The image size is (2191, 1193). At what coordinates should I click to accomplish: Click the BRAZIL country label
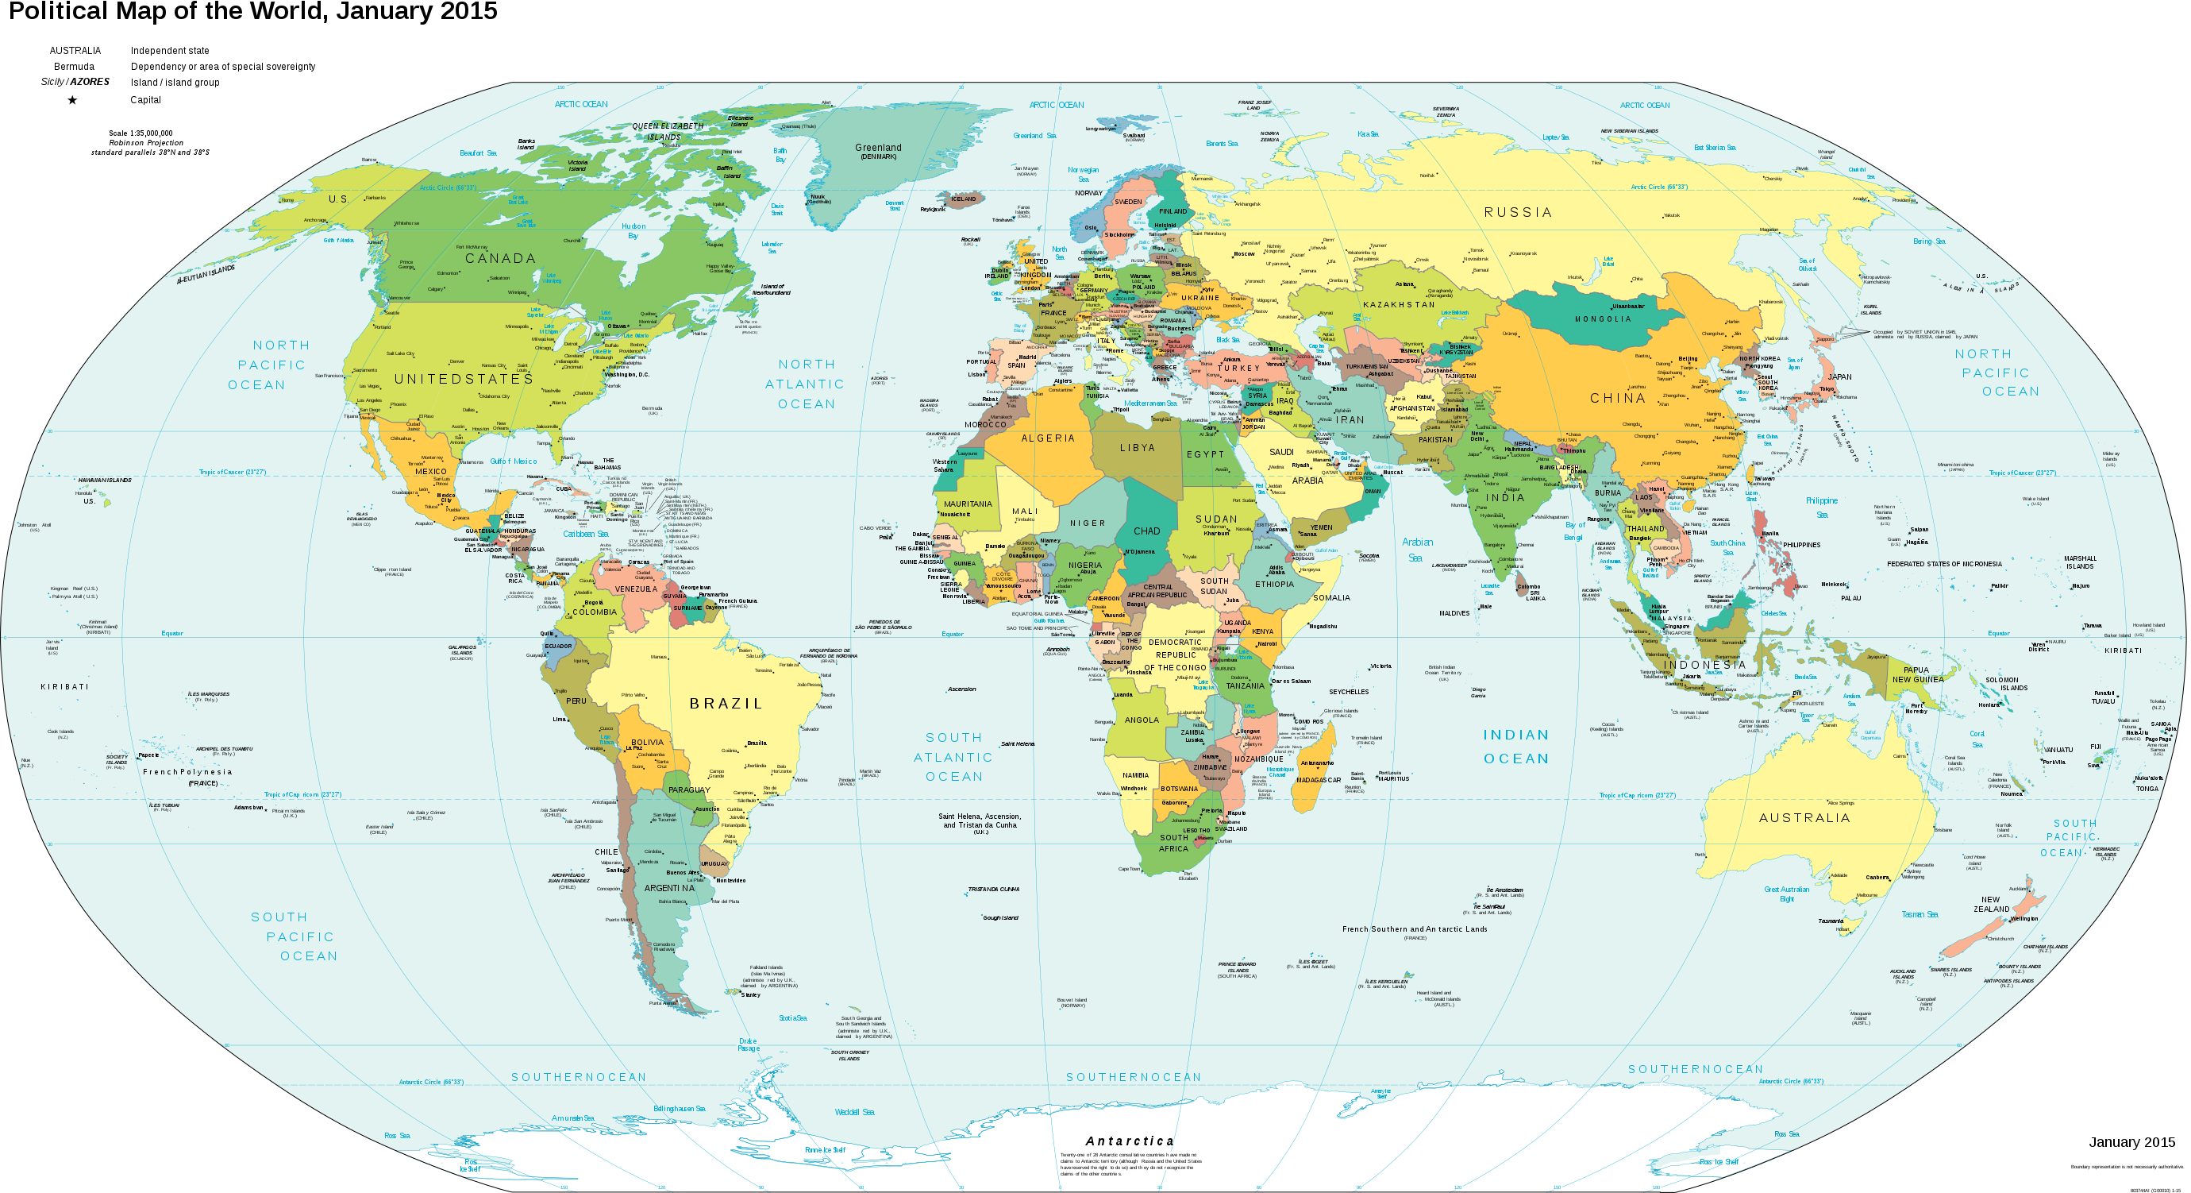(726, 704)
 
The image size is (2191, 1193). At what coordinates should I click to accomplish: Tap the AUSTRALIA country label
(1804, 818)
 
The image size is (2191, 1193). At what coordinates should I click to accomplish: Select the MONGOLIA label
(1604, 319)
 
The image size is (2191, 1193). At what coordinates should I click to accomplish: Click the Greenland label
(878, 148)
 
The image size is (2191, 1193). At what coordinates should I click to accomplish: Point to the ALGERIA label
(1048, 438)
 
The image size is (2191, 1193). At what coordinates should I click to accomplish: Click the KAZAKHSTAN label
(1398, 305)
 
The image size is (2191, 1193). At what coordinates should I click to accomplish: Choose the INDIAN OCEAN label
(1516, 747)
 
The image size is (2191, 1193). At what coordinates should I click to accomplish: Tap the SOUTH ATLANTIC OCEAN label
(953, 757)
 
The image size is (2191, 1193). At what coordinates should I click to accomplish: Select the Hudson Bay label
(633, 230)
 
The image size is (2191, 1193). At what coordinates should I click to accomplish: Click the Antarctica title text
(1130, 1141)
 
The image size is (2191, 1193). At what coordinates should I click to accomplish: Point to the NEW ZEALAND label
(1991, 904)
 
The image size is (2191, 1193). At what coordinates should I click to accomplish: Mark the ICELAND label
(963, 199)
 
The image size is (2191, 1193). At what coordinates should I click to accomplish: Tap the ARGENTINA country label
(669, 887)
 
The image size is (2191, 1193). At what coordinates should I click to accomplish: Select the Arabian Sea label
(1417, 550)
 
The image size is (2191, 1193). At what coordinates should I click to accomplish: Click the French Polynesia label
(187, 773)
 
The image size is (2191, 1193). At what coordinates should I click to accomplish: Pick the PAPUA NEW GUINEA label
(1917, 674)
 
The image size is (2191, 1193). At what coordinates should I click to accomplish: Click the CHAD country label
(1146, 531)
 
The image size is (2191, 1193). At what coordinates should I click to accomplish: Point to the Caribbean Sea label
(585, 535)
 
